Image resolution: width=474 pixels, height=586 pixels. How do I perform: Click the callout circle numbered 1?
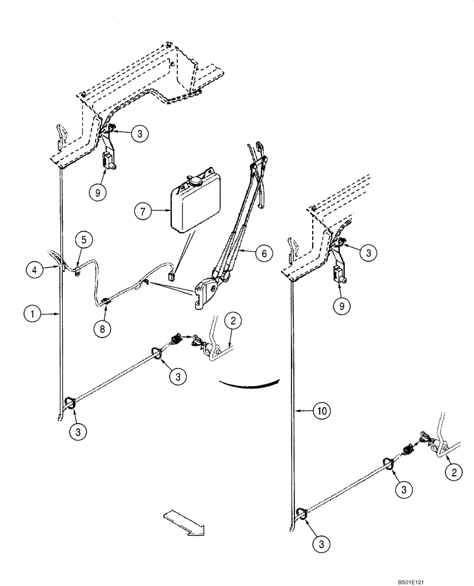[33, 314]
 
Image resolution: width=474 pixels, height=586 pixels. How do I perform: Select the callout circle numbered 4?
[35, 270]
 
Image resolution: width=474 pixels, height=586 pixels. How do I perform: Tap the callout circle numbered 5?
[84, 239]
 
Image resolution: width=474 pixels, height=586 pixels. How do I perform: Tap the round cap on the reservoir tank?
[192, 182]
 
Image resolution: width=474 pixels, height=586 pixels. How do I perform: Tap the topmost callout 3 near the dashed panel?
[138, 133]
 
